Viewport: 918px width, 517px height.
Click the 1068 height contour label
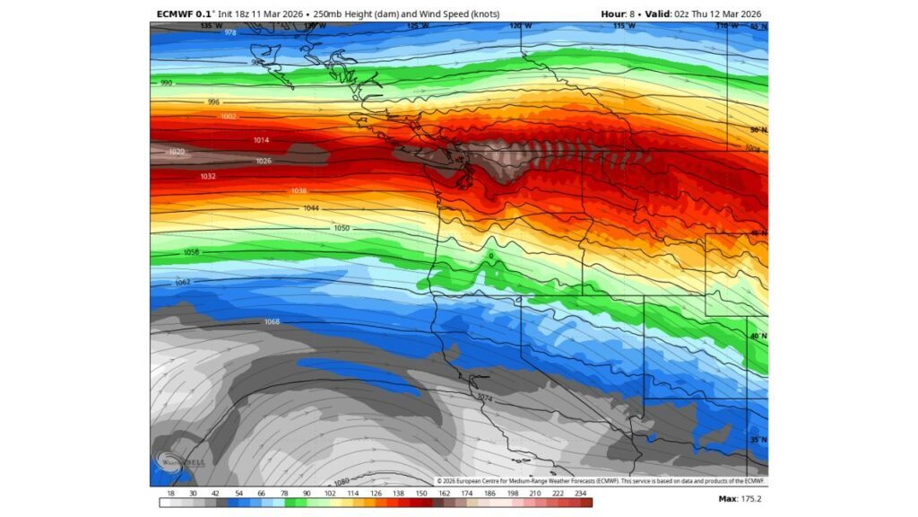(273, 321)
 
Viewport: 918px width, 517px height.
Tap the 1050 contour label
(342, 229)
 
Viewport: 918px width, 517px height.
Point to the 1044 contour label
(311, 208)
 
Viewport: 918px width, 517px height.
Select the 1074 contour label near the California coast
(485, 397)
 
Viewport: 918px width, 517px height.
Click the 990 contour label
(166, 83)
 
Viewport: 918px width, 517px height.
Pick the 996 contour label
(213, 102)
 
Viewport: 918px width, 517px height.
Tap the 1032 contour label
(208, 177)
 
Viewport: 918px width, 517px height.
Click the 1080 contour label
(341, 481)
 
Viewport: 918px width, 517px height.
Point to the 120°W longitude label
(515, 26)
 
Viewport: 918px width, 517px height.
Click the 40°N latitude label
(758, 336)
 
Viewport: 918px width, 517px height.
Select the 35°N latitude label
(758, 439)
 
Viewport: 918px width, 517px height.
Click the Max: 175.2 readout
(740, 499)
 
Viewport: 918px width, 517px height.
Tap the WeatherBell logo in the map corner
(170, 463)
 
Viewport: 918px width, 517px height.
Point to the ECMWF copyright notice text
(601, 481)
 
